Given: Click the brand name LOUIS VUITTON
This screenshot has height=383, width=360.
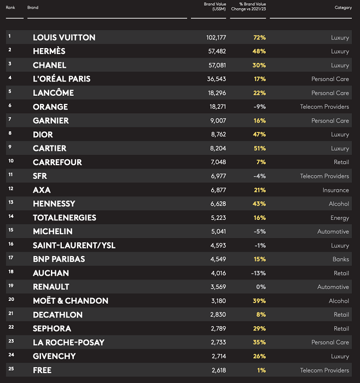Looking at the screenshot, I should click(64, 37).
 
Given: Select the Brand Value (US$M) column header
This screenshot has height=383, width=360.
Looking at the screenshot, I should click(214, 6).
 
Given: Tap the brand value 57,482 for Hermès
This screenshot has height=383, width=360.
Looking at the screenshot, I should click(214, 51).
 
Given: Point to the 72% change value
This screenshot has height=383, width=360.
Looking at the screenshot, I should click(259, 37).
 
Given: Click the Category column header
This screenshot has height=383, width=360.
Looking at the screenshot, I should click(343, 8).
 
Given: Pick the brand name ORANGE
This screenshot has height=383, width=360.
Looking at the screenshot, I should click(50, 107).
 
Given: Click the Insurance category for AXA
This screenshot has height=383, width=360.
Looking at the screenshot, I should click(335, 190).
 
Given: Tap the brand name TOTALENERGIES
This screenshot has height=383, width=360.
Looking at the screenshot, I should click(64, 218).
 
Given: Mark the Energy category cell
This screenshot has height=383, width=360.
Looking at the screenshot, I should click(339, 218).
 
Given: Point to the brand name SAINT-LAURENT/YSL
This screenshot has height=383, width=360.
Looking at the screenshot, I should click(74, 245).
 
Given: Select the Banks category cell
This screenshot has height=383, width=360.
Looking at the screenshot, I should click(340, 259).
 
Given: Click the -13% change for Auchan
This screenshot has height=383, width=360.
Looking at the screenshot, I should click(258, 273).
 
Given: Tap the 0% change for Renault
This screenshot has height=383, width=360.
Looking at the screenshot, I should click(261, 287).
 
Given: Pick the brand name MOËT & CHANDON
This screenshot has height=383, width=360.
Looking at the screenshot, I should click(71, 301).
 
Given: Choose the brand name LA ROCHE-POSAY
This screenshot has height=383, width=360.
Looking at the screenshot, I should click(68, 343).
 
